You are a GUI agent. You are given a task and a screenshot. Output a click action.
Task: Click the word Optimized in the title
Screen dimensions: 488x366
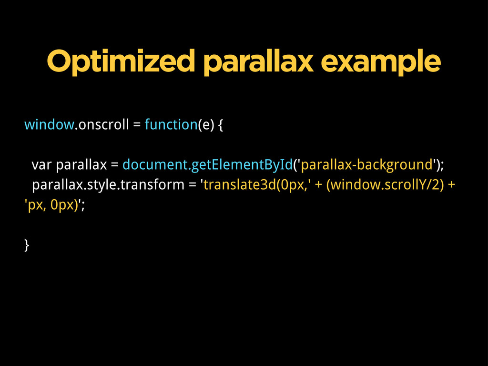click(x=121, y=61)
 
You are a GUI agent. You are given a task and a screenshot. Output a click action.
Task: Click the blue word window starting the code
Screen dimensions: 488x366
click(x=49, y=124)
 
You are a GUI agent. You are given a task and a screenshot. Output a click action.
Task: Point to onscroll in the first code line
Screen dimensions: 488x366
click(x=103, y=124)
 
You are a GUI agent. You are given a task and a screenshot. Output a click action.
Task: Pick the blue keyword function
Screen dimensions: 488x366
click(x=171, y=124)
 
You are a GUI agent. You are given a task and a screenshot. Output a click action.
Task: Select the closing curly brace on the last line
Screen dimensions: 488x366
click(x=27, y=245)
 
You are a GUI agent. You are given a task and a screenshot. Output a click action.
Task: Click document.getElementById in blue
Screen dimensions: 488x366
click(x=208, y=165)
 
